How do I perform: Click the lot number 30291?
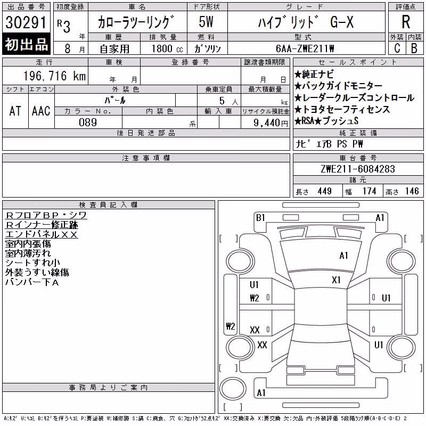coord(26,22)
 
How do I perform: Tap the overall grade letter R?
coord(406,22)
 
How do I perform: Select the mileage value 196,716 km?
coord(54,76)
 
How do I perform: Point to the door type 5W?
coord(206,22)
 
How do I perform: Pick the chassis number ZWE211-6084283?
coord(358,169)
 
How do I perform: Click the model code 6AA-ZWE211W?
coord(305,48)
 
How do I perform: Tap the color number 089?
coord(88,122)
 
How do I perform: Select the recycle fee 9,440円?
coord(271,123)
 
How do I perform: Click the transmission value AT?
coord(15,111)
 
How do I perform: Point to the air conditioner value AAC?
coord(41,111)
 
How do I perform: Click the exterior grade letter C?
coord(397,48)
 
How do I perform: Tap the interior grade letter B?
coord(414,48)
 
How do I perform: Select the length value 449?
coord(325,191)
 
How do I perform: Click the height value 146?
coord(412,191)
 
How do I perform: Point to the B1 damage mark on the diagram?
coord(260,218)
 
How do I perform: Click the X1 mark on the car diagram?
coord(336,280)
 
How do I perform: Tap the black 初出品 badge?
coord(26,44)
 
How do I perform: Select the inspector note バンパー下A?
coord(32,282)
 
